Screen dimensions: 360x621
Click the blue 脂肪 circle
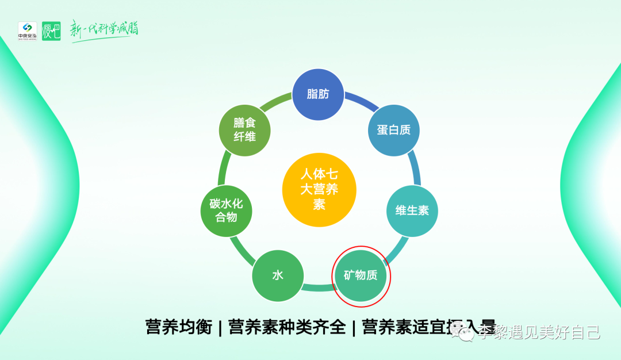(318, 94)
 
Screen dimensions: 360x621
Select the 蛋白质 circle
(394, 130)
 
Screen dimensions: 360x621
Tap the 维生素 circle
(412, 210)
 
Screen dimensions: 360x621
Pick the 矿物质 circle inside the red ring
(361, 276)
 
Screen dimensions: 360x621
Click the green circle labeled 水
(278, 276)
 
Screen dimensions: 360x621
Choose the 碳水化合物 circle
(226, 210)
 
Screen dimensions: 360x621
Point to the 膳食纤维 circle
(244, 130)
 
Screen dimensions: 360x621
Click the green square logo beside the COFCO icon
(51, 30)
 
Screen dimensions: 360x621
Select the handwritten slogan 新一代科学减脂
(104, 29)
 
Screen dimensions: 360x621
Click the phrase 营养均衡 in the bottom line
(179, 327)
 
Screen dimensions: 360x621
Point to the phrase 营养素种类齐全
(287, 327)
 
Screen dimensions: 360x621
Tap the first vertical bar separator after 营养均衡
(220, 327)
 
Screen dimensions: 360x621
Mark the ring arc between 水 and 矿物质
(319, 286)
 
